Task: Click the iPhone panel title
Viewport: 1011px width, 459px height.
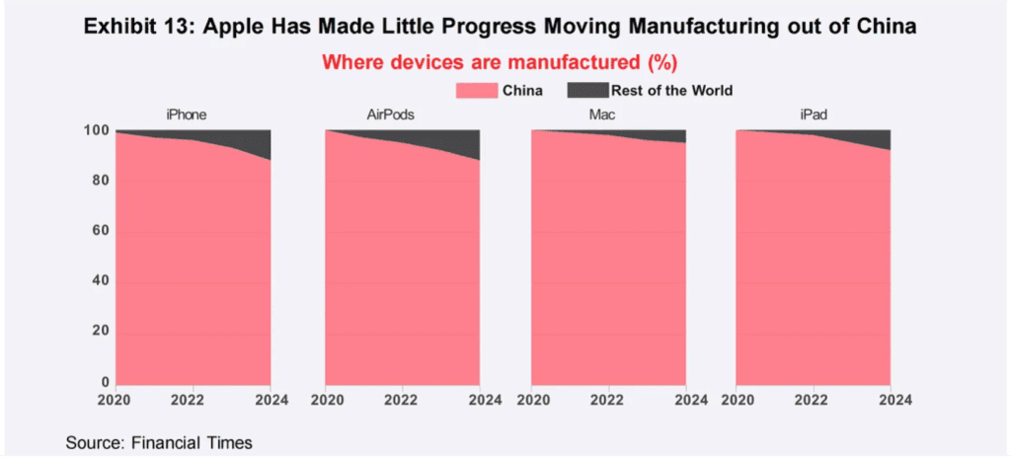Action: click(186, 115)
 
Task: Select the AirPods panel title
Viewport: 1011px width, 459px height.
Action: click(390, 115)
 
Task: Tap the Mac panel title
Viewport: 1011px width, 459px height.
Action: click(605, 115)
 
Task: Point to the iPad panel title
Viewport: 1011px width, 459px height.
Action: click(813, 115)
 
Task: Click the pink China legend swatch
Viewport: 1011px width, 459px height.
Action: click(477, 90)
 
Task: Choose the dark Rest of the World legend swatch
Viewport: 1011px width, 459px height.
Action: click(587, 90)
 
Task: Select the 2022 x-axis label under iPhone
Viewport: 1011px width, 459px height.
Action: click(193, 400)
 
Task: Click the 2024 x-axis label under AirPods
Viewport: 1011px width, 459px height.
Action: click(481, 400)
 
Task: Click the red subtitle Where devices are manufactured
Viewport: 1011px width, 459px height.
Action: click(482, 63)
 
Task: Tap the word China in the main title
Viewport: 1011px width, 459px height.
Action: click(891, 27)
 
